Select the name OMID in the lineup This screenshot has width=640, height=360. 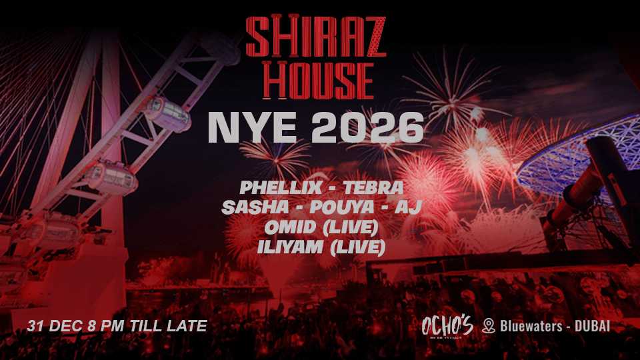pyautogui.click(x=284, y=227)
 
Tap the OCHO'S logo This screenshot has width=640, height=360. pyautogui.click(x=447, y=326)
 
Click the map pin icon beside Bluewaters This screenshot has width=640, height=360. pyautogui.click(x=489, y=326)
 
